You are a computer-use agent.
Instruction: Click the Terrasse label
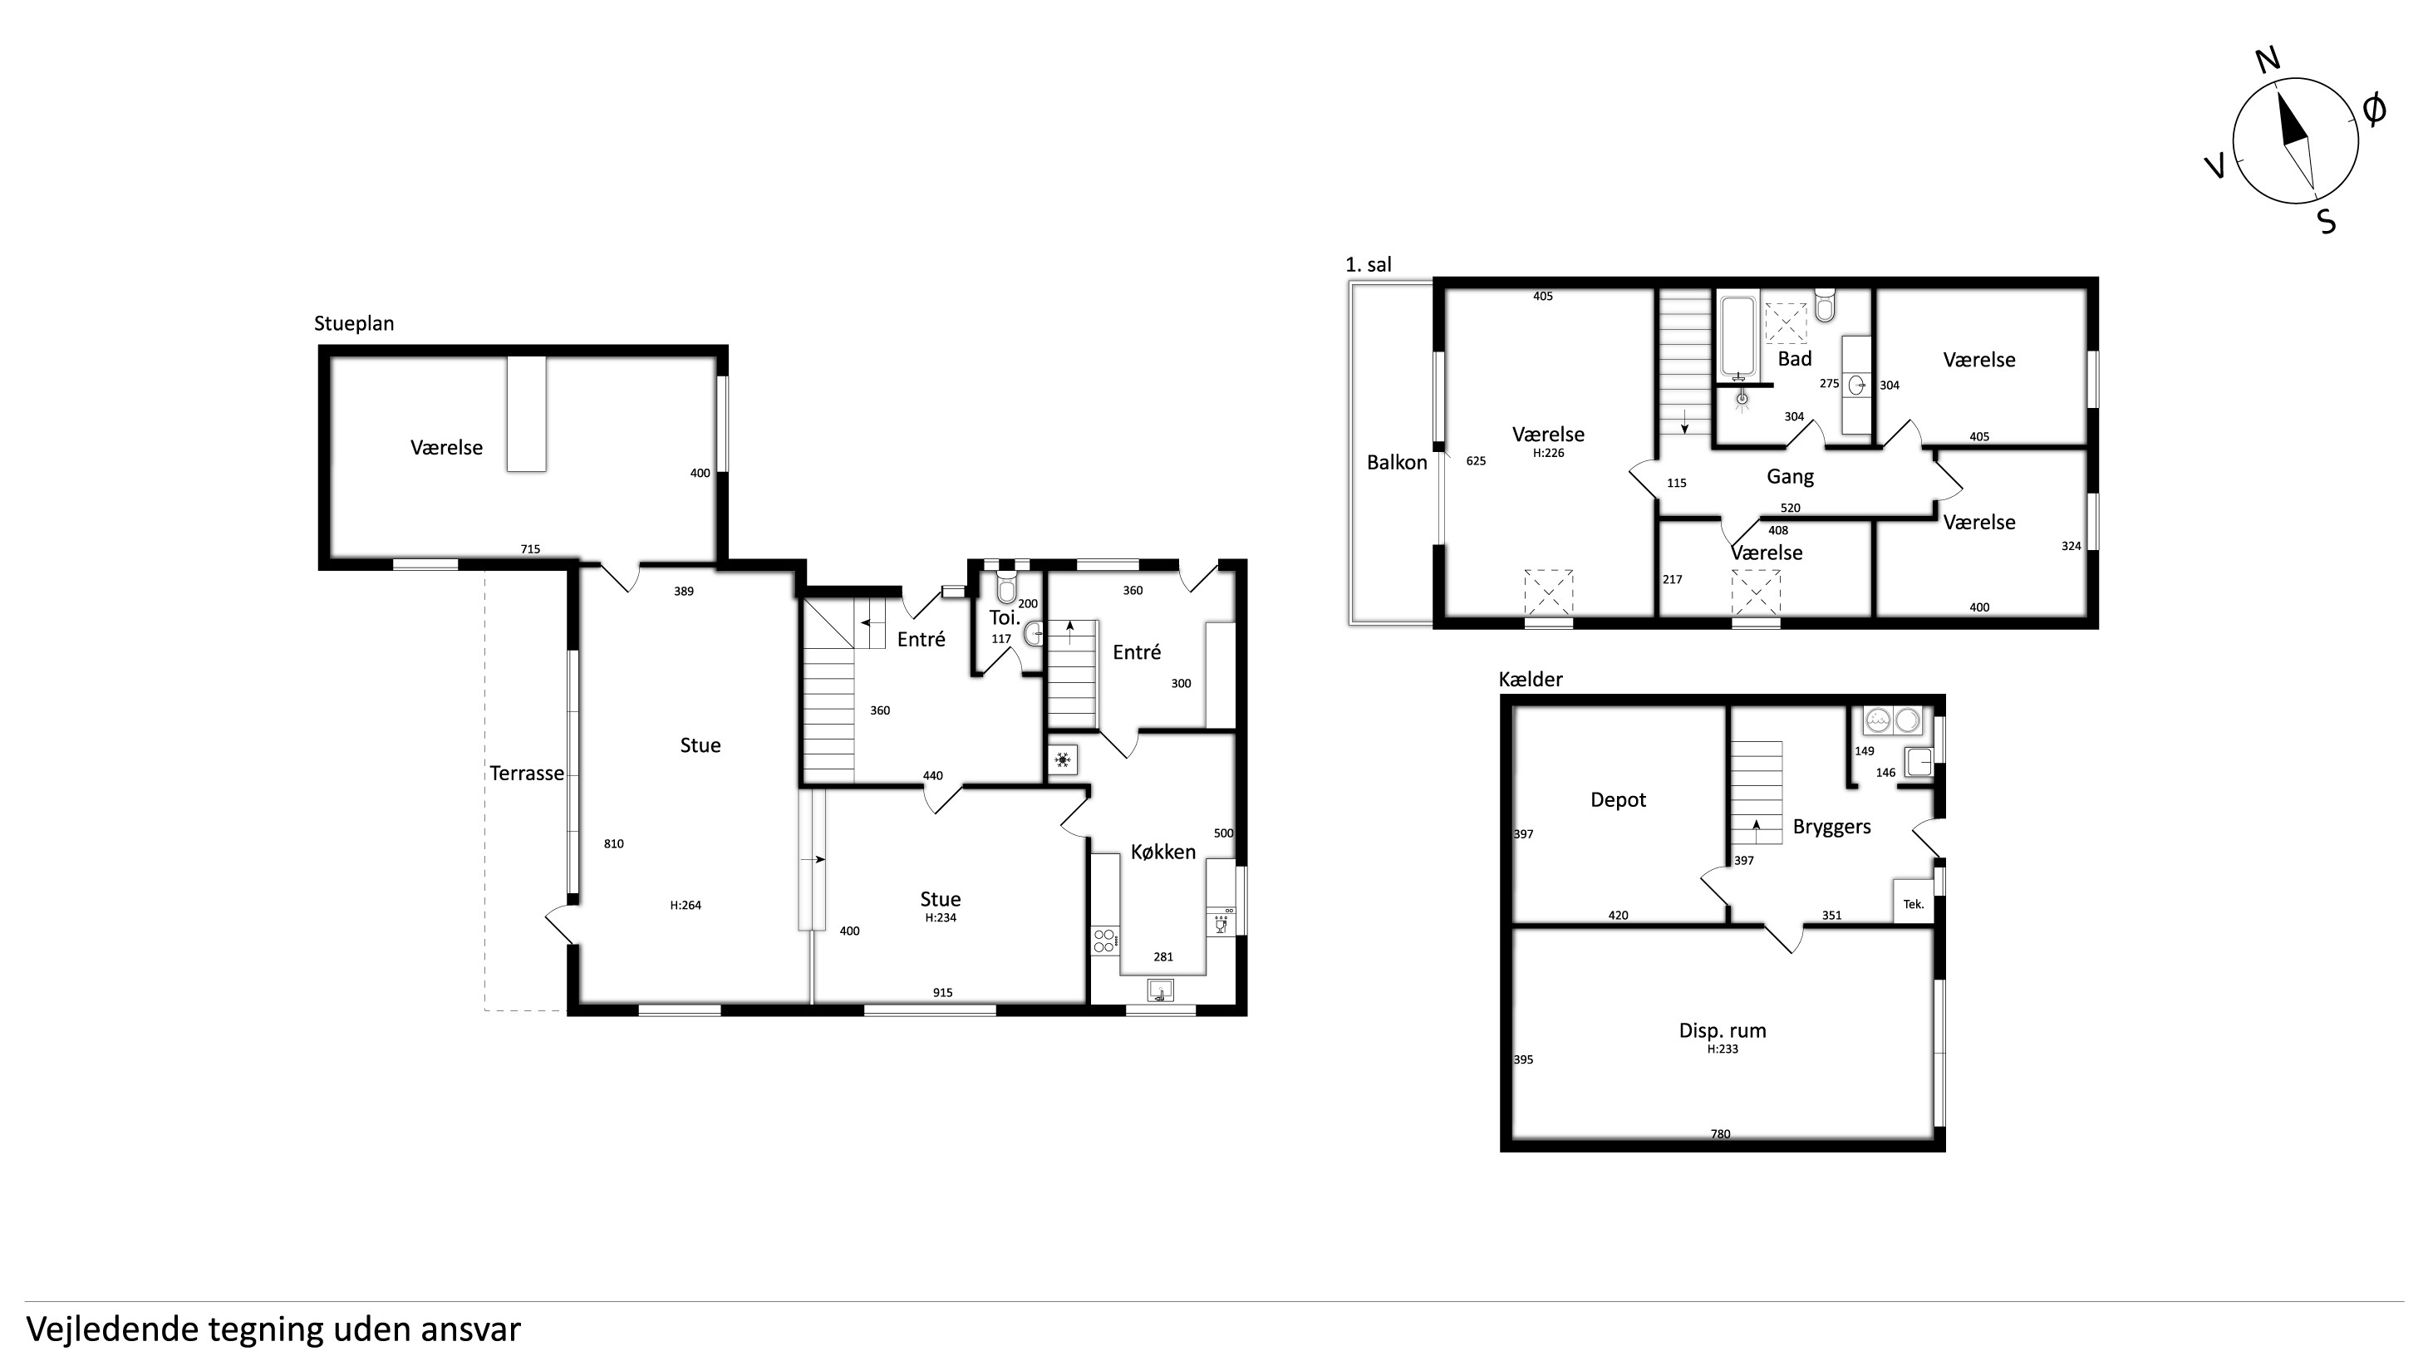tap(527, 773)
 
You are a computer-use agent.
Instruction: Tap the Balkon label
tap(1397, 462)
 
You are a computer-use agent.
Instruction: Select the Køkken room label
tap(1163, 852)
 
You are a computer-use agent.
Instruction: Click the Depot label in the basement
tap(1617, 800)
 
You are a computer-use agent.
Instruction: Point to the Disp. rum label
tap(1722, 1030)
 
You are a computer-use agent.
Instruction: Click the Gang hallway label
tap(1790, 477)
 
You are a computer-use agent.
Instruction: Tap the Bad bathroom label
tap(1795, 359)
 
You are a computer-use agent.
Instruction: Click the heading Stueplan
tap(353, 323)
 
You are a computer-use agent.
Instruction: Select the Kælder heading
tap(1530, 679)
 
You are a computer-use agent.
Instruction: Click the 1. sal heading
tap(1368, 265)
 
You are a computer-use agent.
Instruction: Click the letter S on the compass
tap(2326, 223)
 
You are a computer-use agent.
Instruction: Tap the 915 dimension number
tap(942, 993)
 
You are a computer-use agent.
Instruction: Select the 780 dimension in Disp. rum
tap(1720, 1134)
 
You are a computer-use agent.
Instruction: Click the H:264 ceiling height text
tap(686, 905)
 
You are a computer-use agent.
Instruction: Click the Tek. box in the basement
tap(1914, 903)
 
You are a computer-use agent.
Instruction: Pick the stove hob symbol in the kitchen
tap(1104, 941)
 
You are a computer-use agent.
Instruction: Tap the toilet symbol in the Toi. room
tap(1005, 586)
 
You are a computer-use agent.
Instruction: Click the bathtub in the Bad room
tap(1738, 337)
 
